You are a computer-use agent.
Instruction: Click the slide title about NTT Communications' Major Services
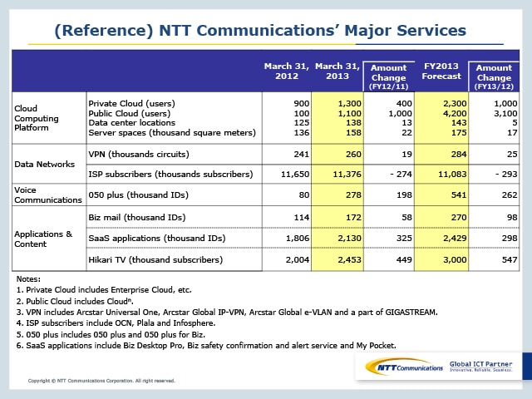[260, 32]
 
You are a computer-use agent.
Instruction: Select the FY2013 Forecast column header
[441, 71]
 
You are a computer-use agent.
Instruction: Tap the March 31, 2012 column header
[286, 71]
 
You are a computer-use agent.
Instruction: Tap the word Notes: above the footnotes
[28, 279]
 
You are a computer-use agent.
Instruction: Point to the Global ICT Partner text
[481, 363]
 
